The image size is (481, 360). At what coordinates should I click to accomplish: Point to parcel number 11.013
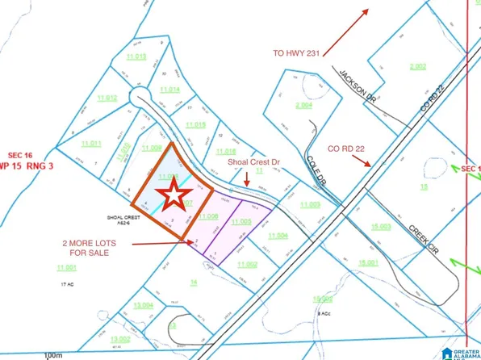coord(135,57)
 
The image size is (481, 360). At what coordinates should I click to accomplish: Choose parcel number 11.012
coord(107,98)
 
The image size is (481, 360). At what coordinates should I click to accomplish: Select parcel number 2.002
coord(417,65)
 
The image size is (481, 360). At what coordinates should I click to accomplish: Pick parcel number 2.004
coord(303,105)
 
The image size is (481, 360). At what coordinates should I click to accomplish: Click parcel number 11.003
coord(309,204)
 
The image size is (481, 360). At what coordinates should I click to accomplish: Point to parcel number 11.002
coord(247,264)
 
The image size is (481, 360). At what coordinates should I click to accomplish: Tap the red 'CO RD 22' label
coord(345,149)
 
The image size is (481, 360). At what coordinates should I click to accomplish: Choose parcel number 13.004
coord(144,304)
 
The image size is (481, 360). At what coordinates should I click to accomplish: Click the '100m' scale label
coord(54,354)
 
